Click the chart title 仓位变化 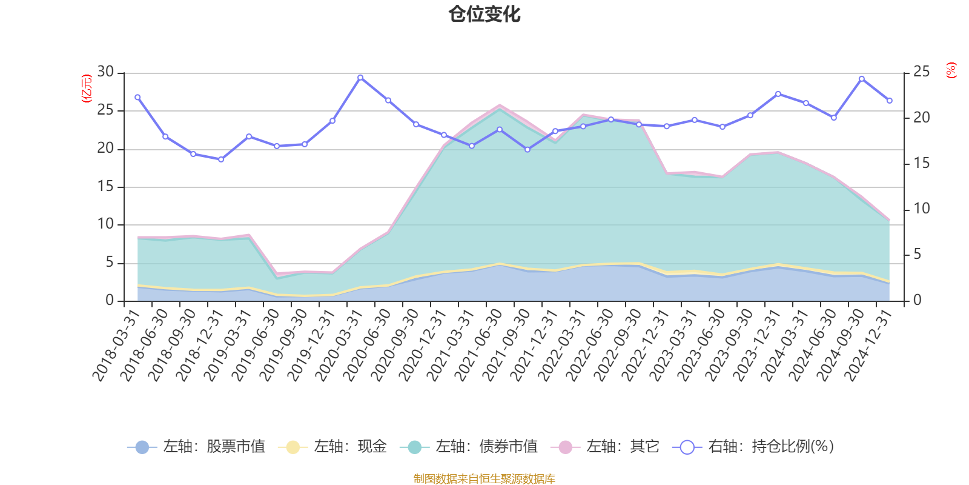pos(484,14)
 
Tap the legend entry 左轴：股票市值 pos(196,447)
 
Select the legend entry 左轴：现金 pos(332,447)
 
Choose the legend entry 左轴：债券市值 pos(469,447)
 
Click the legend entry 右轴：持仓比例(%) pos(753,447)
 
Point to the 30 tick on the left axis pos(105,72)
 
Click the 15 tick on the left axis pos(105,187)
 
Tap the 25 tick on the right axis pos(921,72)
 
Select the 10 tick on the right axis pos(921,209)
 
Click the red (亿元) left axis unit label pos(87,89)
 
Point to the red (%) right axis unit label pos(951,70)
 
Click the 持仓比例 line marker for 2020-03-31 pos(360,77)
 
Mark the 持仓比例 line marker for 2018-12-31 pos(221,159)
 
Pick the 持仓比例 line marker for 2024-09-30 pos(862,78)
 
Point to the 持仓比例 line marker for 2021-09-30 pos(527,149)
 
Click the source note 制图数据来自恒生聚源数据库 pos(484,479)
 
